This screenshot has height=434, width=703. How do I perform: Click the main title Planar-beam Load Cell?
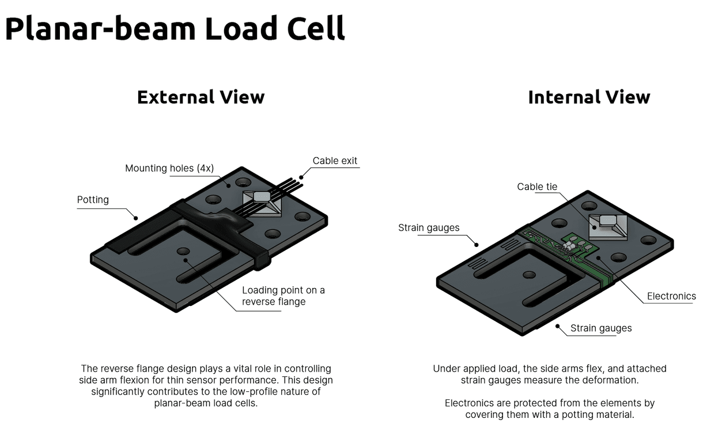175,29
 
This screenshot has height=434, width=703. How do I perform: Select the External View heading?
201,97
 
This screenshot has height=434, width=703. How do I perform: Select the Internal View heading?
588,97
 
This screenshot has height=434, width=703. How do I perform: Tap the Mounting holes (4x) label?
169,169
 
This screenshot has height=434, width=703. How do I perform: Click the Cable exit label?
335,160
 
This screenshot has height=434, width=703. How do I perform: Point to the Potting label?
93,200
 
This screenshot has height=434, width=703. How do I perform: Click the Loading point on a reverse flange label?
283,295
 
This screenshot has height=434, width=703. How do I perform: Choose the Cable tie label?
538,186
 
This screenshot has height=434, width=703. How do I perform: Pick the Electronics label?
671,296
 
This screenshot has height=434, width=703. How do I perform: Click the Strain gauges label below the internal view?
600,328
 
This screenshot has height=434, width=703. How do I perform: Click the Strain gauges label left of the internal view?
429,228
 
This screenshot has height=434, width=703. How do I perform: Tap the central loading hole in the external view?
183,251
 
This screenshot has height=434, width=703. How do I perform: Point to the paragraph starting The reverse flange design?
206,386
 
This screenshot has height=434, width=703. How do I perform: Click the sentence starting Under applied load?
549,374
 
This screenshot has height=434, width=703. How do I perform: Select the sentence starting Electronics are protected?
549,409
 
